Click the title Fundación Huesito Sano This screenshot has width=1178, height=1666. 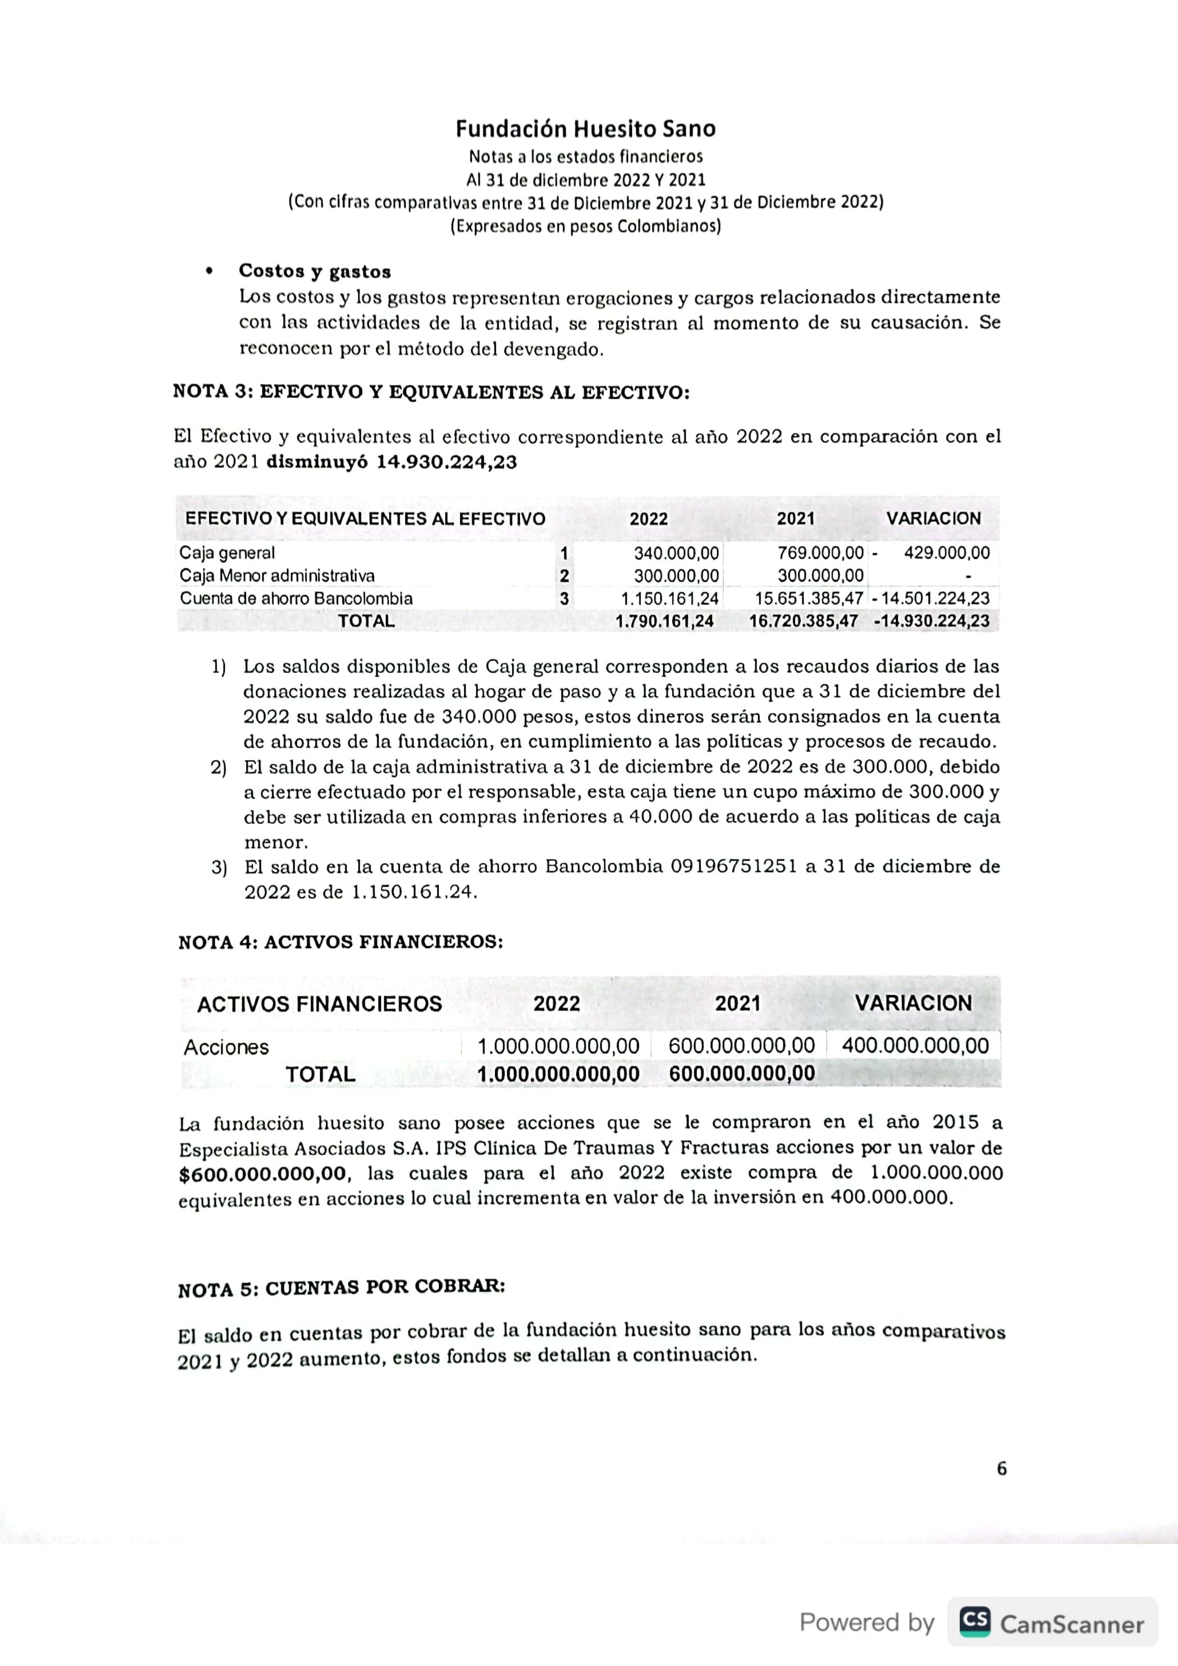pos(586,129)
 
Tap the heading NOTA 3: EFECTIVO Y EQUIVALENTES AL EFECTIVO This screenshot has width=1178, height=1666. pos(431,393)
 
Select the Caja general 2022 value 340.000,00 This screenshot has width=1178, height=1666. pos(676,553)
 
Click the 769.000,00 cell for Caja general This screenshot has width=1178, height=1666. pos(820,553)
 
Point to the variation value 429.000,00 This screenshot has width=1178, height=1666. pos(947,553)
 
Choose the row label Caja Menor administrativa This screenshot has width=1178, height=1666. pos(277,576)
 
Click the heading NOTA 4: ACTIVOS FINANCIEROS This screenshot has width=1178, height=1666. pos(341,942)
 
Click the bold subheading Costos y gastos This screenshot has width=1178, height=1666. pos(314,272)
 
